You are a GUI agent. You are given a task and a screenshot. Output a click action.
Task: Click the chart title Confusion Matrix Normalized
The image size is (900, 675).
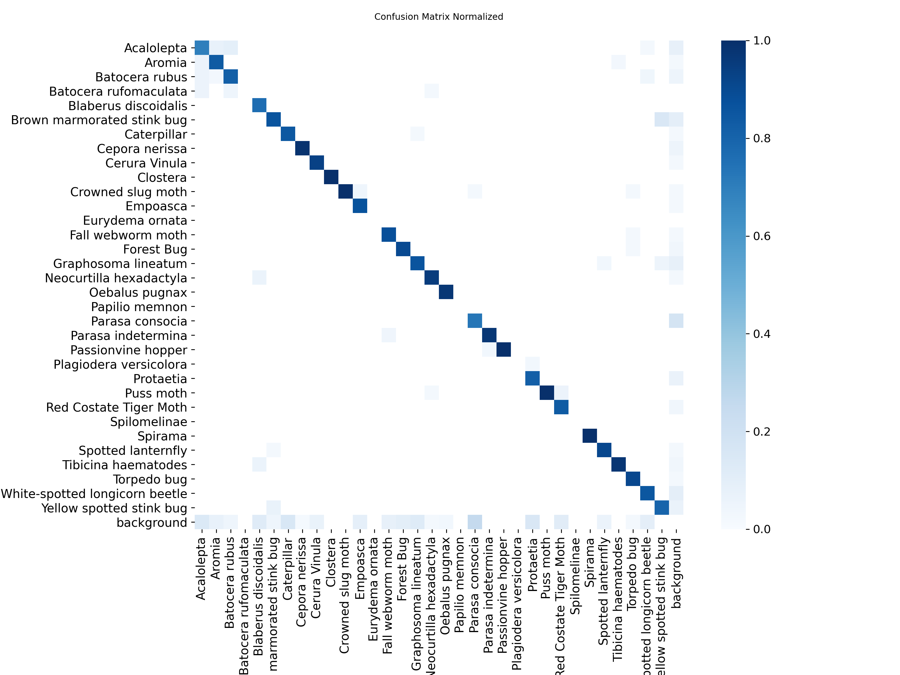[439, 17]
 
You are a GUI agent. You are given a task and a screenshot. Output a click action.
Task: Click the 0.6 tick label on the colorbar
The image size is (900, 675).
[762, 236]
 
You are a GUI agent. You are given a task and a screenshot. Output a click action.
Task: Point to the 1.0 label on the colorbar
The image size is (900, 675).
[762, 41]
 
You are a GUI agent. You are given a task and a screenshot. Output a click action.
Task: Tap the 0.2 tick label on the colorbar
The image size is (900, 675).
[762, 432]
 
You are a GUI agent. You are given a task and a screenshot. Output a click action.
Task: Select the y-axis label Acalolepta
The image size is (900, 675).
[155, 48]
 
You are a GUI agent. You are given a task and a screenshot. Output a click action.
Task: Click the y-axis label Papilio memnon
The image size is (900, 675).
[139, 307]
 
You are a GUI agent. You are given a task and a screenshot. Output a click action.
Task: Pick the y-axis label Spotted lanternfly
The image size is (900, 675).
[133, 451]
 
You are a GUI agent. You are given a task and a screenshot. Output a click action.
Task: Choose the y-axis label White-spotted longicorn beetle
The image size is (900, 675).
[94, 494]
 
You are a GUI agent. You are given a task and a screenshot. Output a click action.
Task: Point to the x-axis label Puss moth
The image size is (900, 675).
[546, 568]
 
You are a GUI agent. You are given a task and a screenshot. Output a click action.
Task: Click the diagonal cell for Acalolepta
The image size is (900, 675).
[202, 48]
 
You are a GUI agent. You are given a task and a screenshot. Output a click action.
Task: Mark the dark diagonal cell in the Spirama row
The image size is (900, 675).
[589, 436]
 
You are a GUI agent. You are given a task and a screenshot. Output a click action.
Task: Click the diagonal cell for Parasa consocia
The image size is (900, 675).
[475, 321]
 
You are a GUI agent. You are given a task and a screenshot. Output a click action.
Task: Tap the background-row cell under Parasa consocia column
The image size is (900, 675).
[475, 522]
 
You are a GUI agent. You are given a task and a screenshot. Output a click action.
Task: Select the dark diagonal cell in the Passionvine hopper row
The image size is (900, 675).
[503, 349]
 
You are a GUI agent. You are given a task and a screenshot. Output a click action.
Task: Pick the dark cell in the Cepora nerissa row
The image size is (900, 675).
[302, 148]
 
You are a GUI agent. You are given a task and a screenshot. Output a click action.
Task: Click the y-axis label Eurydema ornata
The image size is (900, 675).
[135, 220]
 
